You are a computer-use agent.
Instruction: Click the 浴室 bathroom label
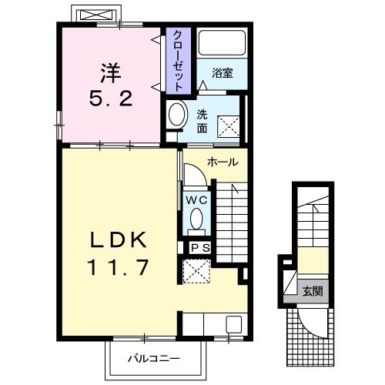(223, 73)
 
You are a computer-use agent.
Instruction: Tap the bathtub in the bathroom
(223, 43)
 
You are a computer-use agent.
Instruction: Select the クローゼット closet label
(178, 61)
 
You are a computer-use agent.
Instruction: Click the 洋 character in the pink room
(111, 73)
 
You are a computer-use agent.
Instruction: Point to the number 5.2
(111, 99)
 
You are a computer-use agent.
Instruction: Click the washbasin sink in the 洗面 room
(177, 114)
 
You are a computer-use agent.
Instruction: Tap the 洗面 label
(202, 122)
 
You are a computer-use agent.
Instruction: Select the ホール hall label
(223, 162)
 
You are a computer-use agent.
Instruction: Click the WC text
(196, 200)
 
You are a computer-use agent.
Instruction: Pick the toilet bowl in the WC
(196, 219)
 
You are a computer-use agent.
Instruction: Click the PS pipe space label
(201, 248)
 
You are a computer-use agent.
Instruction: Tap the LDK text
(118, 239)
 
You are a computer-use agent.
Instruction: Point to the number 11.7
(118, 267)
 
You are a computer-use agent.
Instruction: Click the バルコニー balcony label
(154, 359)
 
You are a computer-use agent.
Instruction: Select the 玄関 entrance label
(313, 292)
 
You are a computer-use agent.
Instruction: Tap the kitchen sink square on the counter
(233, 324)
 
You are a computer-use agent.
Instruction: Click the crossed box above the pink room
(96, 15)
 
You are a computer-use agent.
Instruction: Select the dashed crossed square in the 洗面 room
(228, 127)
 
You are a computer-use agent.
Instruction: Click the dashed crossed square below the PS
(196, 271)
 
